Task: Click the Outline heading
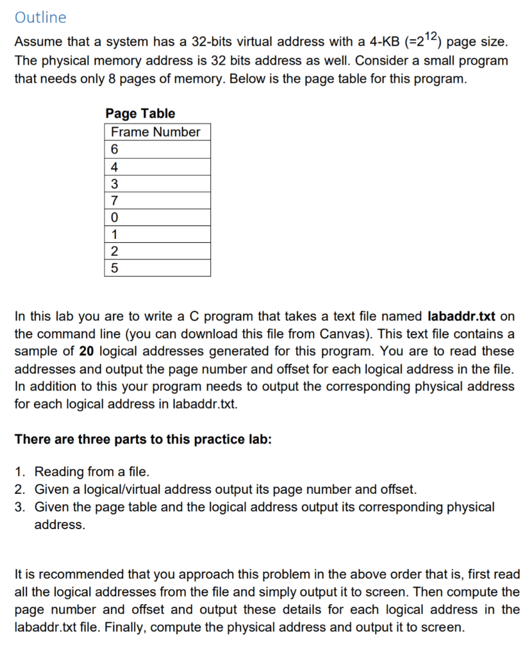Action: pos(40,17)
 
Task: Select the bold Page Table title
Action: pos(140,113)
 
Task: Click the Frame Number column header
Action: pos(156,132)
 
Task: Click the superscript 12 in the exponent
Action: pos(433,37)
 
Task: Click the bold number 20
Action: pos(87,352)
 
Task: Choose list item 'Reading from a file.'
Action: pos(92,472)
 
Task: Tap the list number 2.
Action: pos(21,490)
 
